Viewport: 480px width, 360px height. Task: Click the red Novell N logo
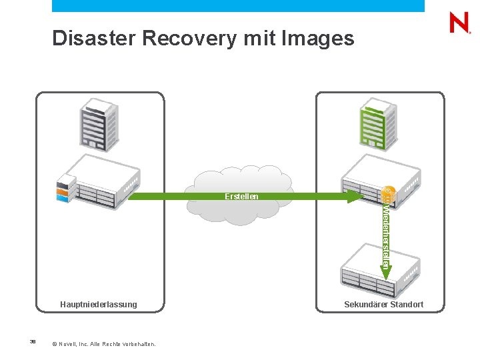(x=459, y=23)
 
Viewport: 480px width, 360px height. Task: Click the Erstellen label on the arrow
(x=241, y=197)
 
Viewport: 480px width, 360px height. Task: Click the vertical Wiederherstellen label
(x=386, y=233)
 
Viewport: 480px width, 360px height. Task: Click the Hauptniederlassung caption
(x=99, y=305)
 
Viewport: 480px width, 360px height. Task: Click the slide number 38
(x=32, y=341)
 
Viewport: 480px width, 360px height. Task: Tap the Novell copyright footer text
(x=103, y=344)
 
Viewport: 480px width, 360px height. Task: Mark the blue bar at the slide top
(x=238, y=5)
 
